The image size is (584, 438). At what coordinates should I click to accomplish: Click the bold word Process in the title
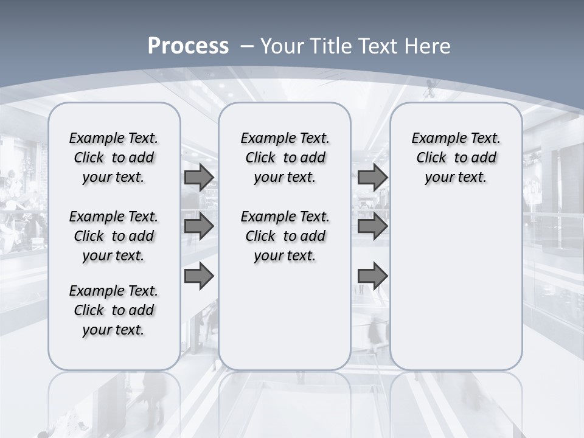tap(188, 46)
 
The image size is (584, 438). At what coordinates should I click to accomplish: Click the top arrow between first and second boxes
tap(199, 178)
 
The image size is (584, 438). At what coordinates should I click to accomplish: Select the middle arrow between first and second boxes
tap(199, 227)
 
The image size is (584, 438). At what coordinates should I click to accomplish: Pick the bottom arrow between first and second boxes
tap(199, 276)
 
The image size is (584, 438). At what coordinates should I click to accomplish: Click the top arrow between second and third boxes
tap(372, 178)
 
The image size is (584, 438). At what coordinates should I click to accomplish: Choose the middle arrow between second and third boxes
tap(372, 227)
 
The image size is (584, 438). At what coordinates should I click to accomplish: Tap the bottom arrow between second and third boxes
tap(372, 276)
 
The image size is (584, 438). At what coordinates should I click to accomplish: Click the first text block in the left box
tap(114, 158)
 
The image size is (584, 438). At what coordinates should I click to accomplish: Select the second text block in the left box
tap(114, 236)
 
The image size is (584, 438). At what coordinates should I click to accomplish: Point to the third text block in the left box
tap(114, 310)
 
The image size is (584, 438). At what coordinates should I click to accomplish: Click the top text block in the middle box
tap(285, 158)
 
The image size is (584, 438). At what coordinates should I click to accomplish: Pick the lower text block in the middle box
tap(285, 236)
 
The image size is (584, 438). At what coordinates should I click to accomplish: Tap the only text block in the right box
tap(456, 158)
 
